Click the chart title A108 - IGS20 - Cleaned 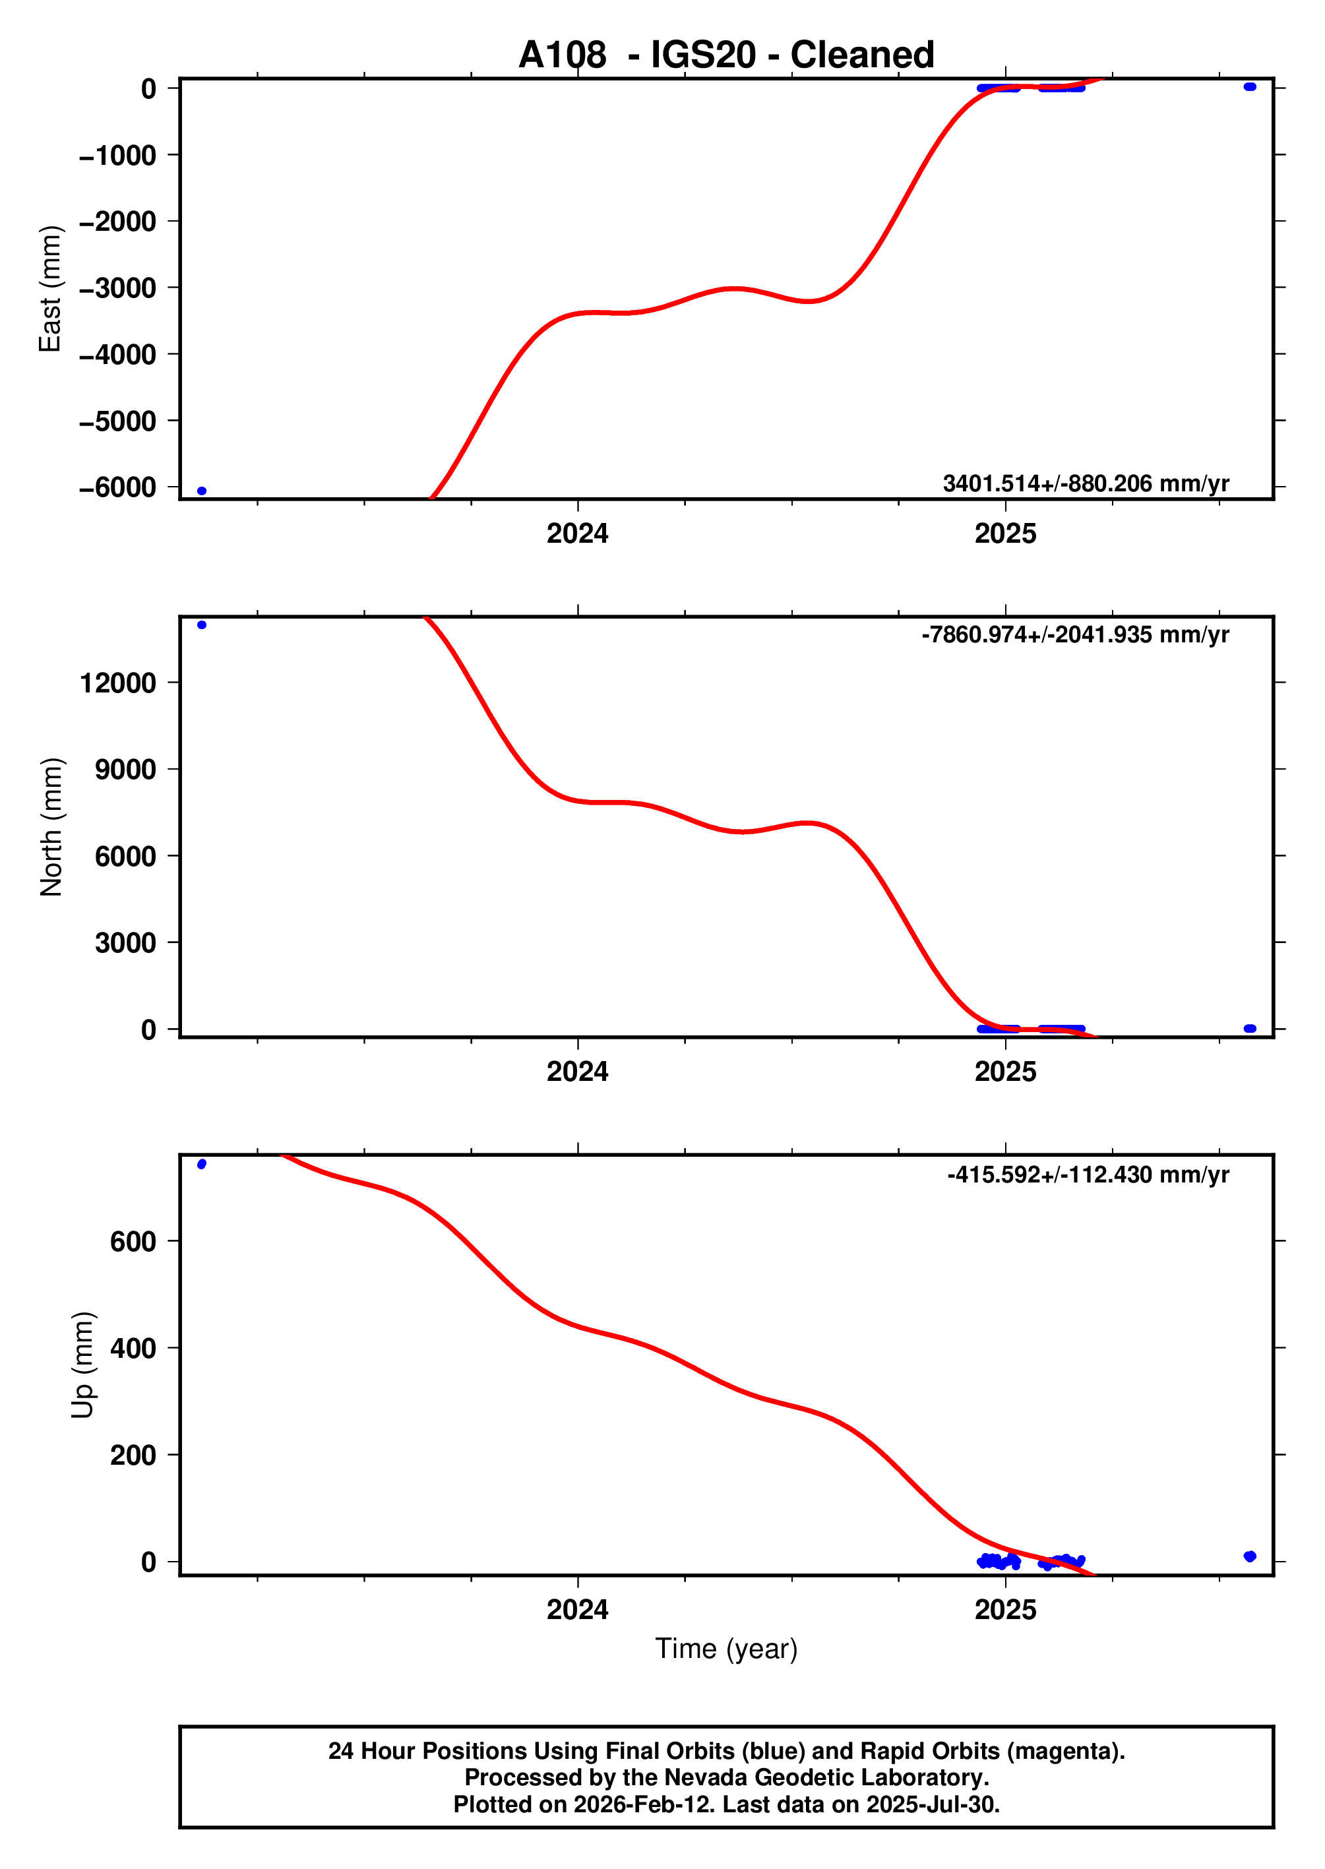[x=725, y=55]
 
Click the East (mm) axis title [x=51, y=289]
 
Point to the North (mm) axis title [x=51, y=826]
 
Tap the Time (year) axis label [x=725, y=1648]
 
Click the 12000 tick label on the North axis [x=117, y=683]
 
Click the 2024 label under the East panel [x=577, y=534]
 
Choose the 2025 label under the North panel [x=1004, y=1071]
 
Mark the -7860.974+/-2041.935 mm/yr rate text [x=1074, y=634]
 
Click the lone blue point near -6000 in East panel [x=202, y=491]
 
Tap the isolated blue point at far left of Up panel [x=202, y=1164]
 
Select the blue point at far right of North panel [x=1249, y=1028]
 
